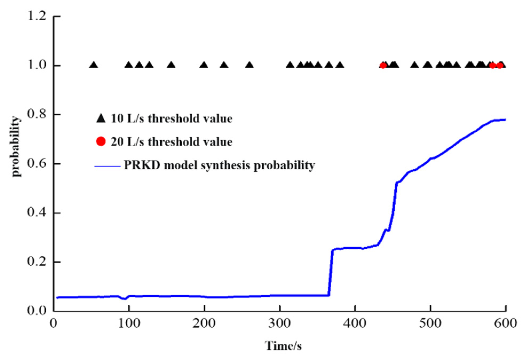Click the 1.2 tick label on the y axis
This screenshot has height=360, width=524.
[x=37, y=16]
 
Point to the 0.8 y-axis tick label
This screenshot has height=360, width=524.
[x=37, y=114]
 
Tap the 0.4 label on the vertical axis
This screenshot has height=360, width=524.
[x=37, y=213]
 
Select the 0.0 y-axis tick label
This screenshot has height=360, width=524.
[x=37, y=311]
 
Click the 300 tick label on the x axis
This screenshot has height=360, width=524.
[x=279, y=324]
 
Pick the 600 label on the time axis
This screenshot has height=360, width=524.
[x=505, y=324]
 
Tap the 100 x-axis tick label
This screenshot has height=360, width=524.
[x=129, y=324]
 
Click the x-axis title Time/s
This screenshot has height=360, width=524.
[x=283, y=346]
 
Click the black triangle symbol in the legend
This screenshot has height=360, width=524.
[x=101, y=118]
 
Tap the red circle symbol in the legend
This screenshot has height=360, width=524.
[x=101, y=141]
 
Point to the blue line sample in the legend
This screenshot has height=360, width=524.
[x=108, y=166]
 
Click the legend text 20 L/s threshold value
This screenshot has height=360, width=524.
[x=172, y=142]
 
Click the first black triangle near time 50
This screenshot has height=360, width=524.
[x=93, y=65]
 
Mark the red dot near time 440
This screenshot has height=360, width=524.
[x=383, y=65]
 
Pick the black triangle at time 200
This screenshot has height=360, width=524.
[x=204, y=65]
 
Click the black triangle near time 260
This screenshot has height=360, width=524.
[x=249, y=65]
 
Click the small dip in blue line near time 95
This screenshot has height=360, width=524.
[x=124, y=299]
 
